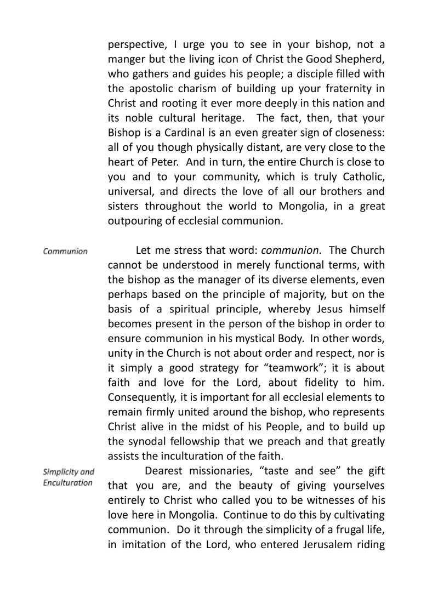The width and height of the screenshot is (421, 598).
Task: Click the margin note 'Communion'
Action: click(x=65, y=252)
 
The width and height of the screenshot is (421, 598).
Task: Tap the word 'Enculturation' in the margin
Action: click(x=68, y=483)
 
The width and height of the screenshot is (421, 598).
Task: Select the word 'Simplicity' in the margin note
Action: click(x=61, y=472)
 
